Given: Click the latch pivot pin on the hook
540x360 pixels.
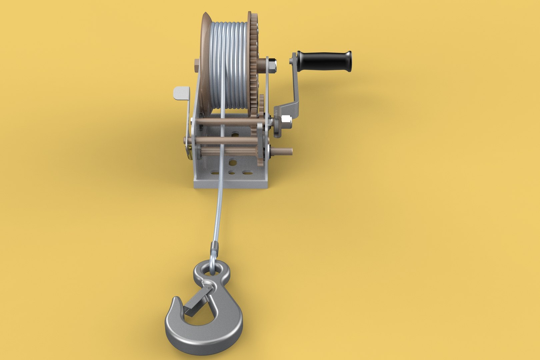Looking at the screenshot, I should (208, 287).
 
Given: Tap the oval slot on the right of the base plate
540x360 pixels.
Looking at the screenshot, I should (247, 173).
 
